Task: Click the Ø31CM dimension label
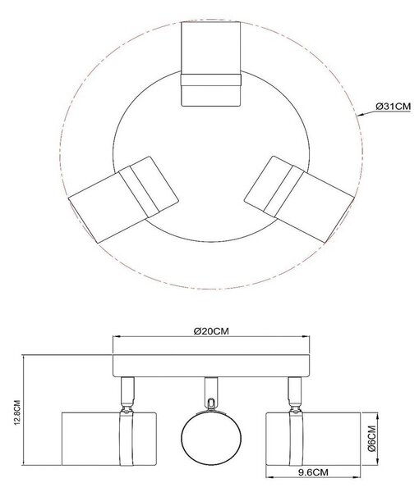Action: click(394, 107)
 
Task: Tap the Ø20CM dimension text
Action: click(211, 331)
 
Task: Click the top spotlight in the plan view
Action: click(211, 64)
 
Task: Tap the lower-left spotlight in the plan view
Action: click(123, 199)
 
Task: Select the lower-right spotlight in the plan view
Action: click(298, 199)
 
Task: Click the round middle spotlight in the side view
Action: click(211, 437)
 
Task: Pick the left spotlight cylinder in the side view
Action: click(109, 439)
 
